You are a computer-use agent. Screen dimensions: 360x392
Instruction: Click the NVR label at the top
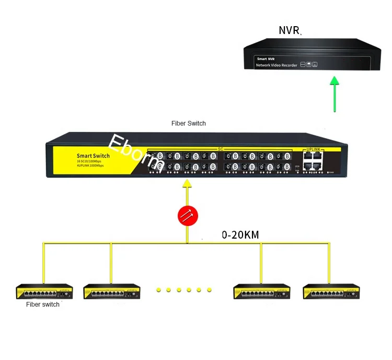pyautogui.click(x=289, y=30)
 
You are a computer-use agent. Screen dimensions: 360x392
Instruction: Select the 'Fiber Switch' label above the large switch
pyautogui.click(x=189, y=123)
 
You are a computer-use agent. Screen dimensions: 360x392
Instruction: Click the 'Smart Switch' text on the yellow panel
pyautogui.click(x=93, y=156)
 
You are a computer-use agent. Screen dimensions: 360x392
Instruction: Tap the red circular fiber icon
pyautogui.click(x=188, y=215)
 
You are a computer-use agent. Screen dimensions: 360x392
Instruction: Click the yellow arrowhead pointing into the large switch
pyautogui.click(x=187, y=183)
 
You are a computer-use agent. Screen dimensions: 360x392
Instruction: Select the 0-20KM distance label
pyautogui.click(x=240, y=235)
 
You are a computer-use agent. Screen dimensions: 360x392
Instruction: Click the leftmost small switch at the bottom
pyautogui.click(x=44, y=291)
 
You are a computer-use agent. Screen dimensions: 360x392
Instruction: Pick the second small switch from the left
pyautogui.click(x=111, y=291)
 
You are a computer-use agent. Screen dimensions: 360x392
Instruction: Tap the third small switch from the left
pyautogui.click(x=261, y=291)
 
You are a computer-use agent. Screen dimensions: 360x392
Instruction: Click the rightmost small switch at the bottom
pyautogui.click(x=331, y=291)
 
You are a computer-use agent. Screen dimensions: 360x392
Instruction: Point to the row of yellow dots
pyautogui.click(x=183, y=289)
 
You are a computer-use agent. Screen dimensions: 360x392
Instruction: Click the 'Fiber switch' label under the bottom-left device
pyautogui.click(x=43, y=305)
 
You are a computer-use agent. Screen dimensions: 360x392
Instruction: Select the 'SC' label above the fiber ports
pyautogui.click(x=220, y=149)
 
